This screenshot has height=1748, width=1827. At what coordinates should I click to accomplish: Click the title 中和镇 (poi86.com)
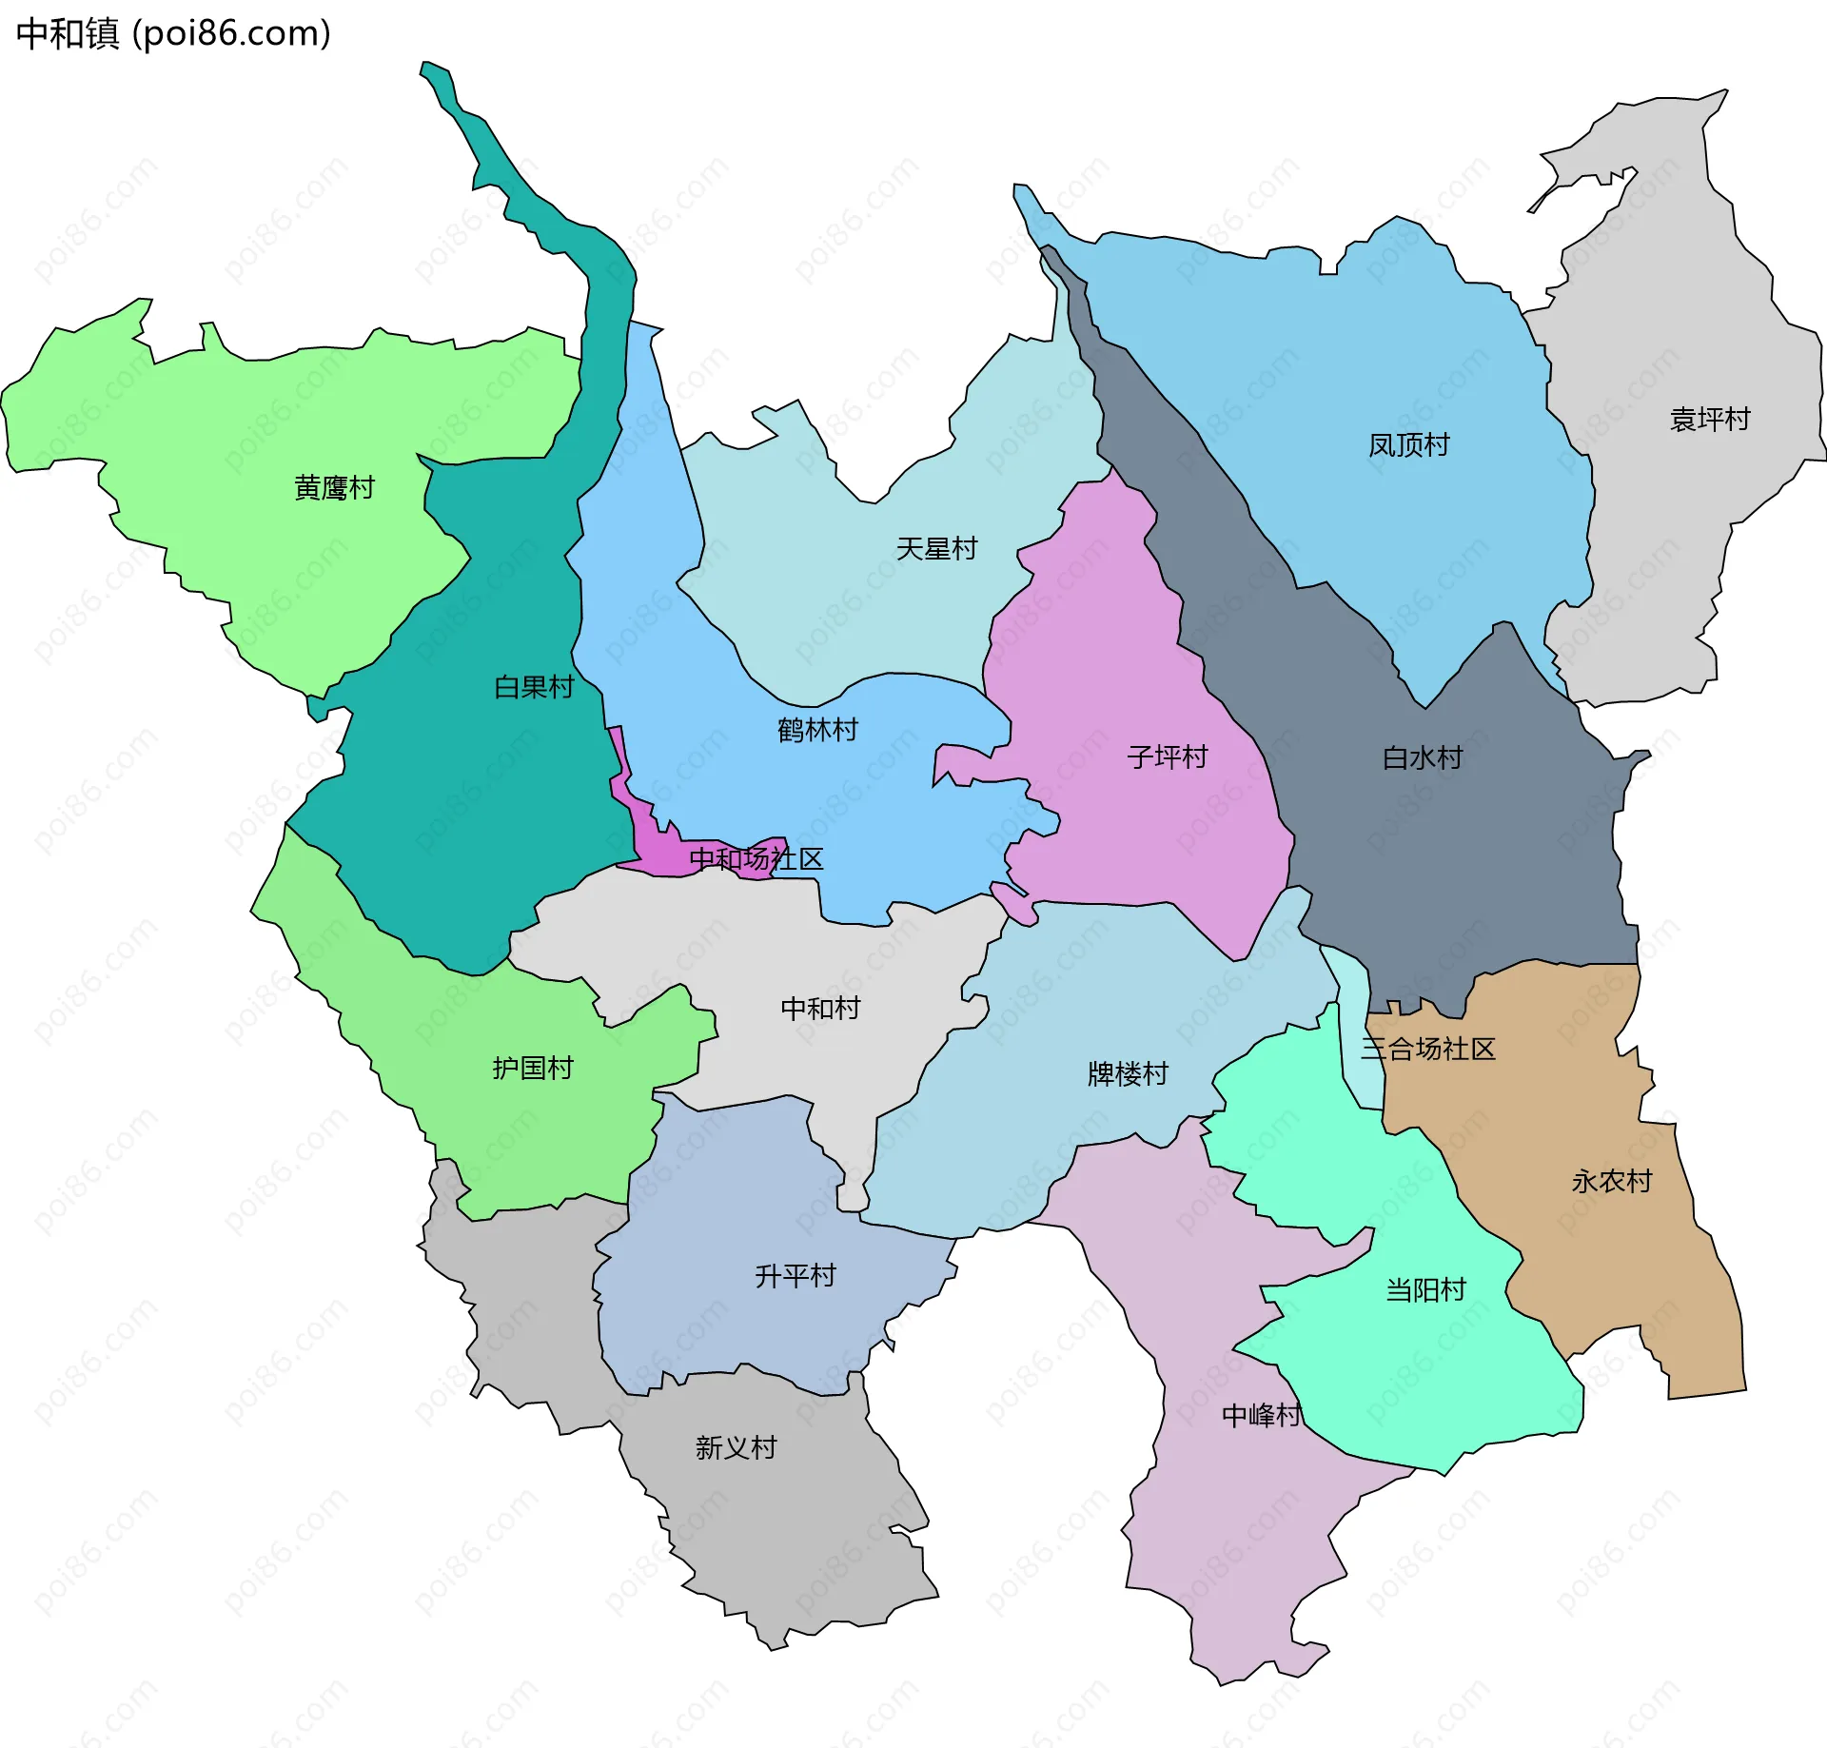coord(173,34)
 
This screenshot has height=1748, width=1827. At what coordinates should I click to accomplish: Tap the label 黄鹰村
coord(334,488)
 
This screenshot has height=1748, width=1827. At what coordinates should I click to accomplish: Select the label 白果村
coord(534,687)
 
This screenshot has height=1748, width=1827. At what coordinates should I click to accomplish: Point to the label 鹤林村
coord(817,730)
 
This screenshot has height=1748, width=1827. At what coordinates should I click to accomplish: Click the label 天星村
coord(936,549)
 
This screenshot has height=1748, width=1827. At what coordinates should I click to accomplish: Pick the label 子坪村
coord(1167,757)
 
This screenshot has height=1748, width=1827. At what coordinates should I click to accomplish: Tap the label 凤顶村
coord(1408,445)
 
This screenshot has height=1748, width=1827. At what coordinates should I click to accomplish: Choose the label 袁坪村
coord(1709,420)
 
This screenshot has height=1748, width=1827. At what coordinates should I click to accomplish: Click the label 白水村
coord(1422,758)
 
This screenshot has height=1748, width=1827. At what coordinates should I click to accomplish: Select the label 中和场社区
coord(756,859)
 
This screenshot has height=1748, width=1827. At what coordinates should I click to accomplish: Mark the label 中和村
coord(820,1009)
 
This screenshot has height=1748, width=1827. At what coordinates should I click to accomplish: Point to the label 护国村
coord(533,1069)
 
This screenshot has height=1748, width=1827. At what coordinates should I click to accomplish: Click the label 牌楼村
coord(1128,1074)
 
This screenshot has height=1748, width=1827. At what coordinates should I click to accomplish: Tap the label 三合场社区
coord(1427,1050)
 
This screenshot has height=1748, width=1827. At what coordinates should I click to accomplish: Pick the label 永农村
coord(1611,1182)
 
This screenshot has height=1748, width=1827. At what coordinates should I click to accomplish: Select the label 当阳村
coord(1425,1290)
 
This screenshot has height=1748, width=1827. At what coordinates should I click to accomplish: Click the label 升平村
coord(795,1276)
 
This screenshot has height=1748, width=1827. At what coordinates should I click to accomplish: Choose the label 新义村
coord(736,1448)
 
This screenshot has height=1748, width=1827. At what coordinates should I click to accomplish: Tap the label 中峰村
coord(1261,1416)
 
